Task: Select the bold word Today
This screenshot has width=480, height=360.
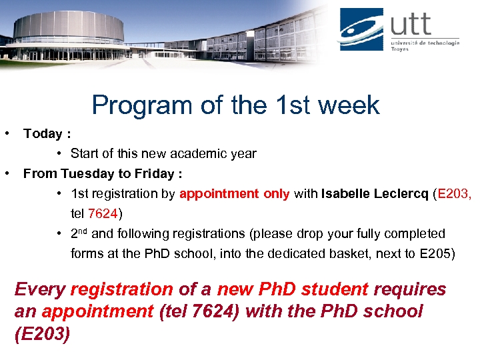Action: (43, 134)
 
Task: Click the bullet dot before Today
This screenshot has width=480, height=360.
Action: (6, 133)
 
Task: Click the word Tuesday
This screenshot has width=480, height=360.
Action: (86, 174)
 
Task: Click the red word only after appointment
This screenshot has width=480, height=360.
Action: (276, 194)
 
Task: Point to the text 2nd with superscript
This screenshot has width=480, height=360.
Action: (79, 233)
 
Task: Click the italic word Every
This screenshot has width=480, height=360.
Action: (39, 289)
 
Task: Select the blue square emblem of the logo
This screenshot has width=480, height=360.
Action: (361, 29)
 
